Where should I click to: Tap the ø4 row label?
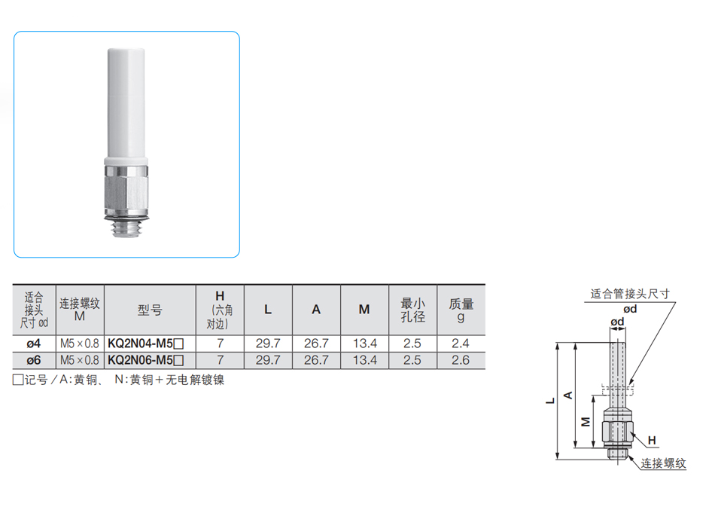click(34, 344)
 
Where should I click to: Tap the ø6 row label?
click(34, 360)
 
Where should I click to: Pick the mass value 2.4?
click(460, 344)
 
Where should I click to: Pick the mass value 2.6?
click(460, 360)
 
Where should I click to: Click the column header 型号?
click(149, 310)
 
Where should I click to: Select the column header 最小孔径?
click(412, 310)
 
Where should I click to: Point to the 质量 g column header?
click(461, 310)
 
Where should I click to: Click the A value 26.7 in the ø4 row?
click(316, 344)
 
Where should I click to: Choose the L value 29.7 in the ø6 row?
click(268, 360)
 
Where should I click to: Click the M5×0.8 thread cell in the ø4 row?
click(80, 344)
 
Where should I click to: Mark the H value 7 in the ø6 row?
click(220, 360)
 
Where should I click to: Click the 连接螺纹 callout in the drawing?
click(663, 464)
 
